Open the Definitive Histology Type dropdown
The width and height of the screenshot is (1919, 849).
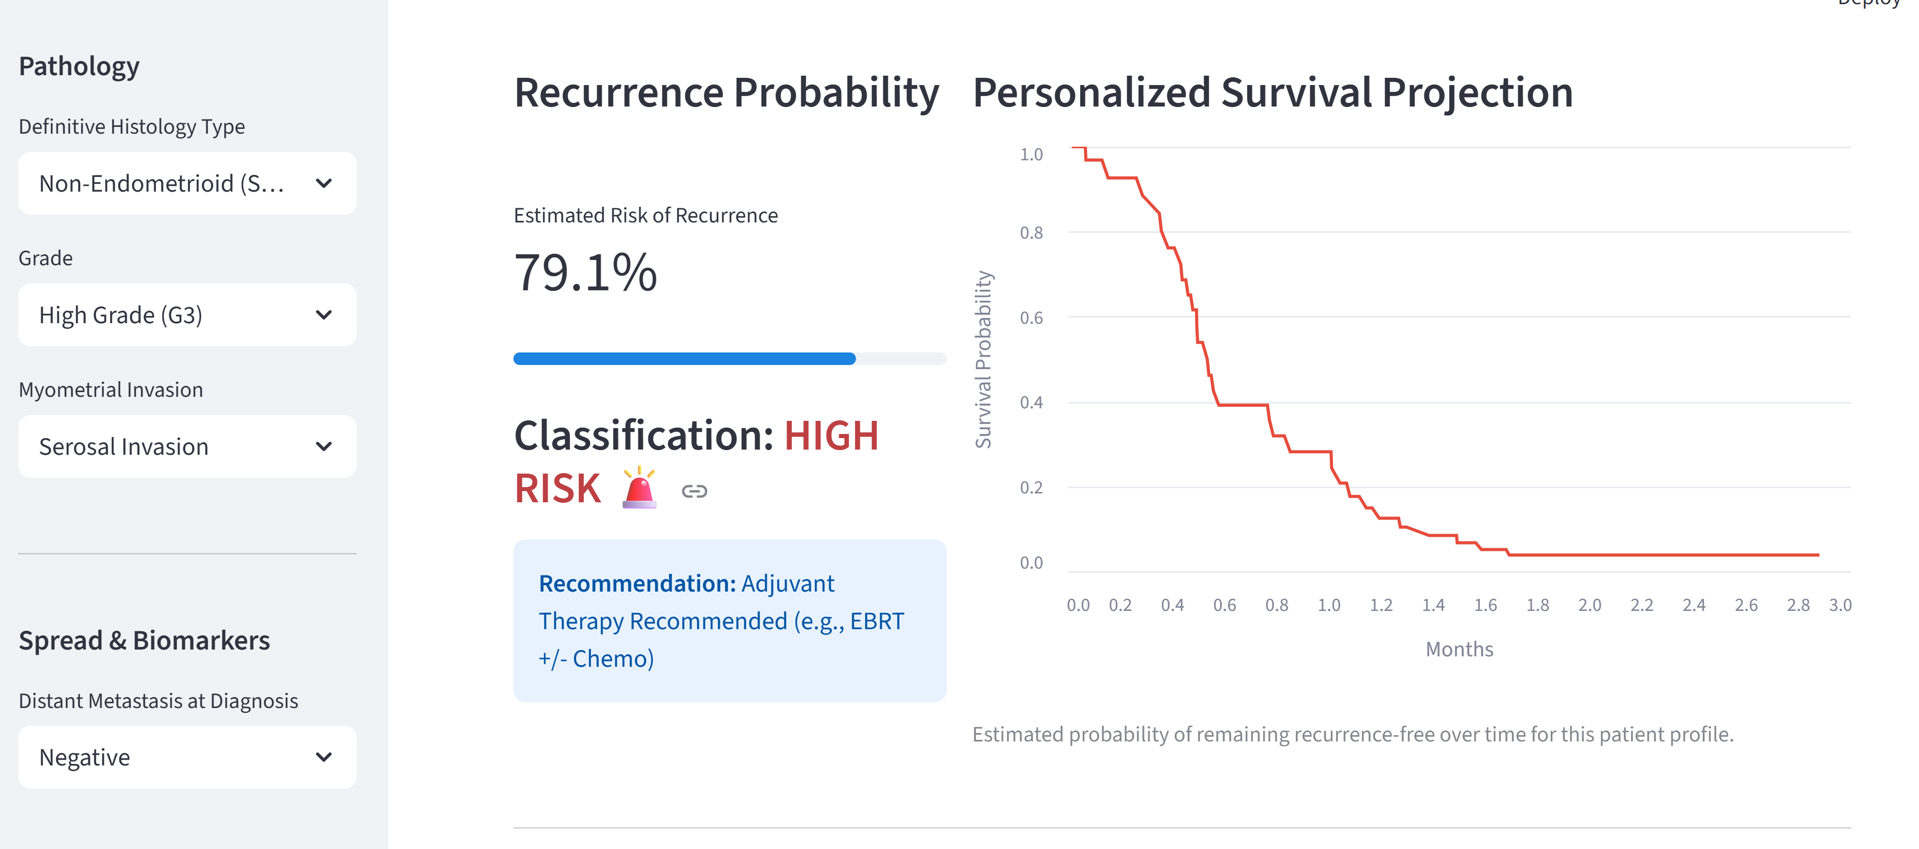(x=187, y=183)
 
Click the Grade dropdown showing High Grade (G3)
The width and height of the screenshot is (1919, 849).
(x=187, y=315)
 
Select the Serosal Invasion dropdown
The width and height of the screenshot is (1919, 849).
(x=187, y=447)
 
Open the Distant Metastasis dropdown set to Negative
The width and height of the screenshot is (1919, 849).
(x=187, y=758)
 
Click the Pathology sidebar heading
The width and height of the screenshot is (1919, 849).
(x=79, y=66)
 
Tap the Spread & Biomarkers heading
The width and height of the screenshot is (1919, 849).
(x=144, y=641)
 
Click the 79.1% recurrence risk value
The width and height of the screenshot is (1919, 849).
(x=586, y=273)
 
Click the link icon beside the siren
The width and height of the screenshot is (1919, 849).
(x=694, y=491)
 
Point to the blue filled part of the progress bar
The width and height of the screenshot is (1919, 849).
(x=684, y=359)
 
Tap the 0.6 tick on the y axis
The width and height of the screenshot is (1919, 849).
(x=1031, y=318)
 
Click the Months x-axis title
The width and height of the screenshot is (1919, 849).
(x=1459, y=650)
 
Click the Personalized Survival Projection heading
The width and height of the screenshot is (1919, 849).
(x=1272, y=93)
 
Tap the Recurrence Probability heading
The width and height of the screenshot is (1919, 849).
(x=727, y=93)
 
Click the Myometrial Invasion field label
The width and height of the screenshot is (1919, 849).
(x=110, y=390)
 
